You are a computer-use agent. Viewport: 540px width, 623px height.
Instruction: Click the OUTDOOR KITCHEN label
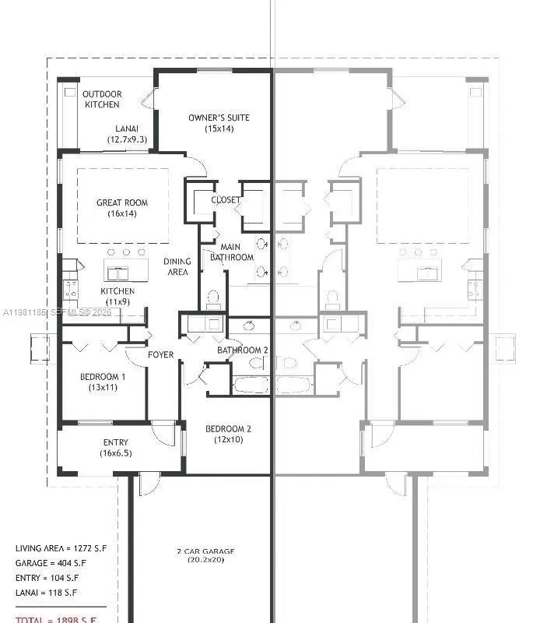click(x=102, y=99)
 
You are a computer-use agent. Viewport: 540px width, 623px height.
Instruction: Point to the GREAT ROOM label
click(x=122, y=202)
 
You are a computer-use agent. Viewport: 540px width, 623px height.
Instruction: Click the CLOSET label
click(x=226, y=200)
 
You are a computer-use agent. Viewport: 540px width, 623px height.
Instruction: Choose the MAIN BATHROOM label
click(x=232, y=252)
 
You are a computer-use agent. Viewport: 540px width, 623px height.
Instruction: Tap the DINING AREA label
click(x=177, y=267)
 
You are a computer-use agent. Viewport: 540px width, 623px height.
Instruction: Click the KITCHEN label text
click(x=117, y=291)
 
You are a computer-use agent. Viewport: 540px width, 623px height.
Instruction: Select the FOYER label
click(x=161, y=355)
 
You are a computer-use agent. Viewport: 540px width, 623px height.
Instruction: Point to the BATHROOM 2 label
click(x=242, y=350)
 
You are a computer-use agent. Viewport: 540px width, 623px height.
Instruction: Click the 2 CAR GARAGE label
click(x=205, y=552)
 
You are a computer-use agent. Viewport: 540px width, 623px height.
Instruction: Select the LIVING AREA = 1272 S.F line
click(x=61, y=548)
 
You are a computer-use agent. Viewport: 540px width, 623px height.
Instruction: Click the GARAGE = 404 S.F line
click(x=51, y=563)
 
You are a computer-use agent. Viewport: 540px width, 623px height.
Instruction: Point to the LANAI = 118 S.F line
click(x=47, y=593)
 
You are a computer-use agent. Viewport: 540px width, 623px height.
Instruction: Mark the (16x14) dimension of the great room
click(x=122, y=213)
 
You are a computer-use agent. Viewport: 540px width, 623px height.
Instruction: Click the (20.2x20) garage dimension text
click(x=205, y=560)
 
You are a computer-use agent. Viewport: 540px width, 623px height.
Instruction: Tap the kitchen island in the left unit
click(x=126, y=270)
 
